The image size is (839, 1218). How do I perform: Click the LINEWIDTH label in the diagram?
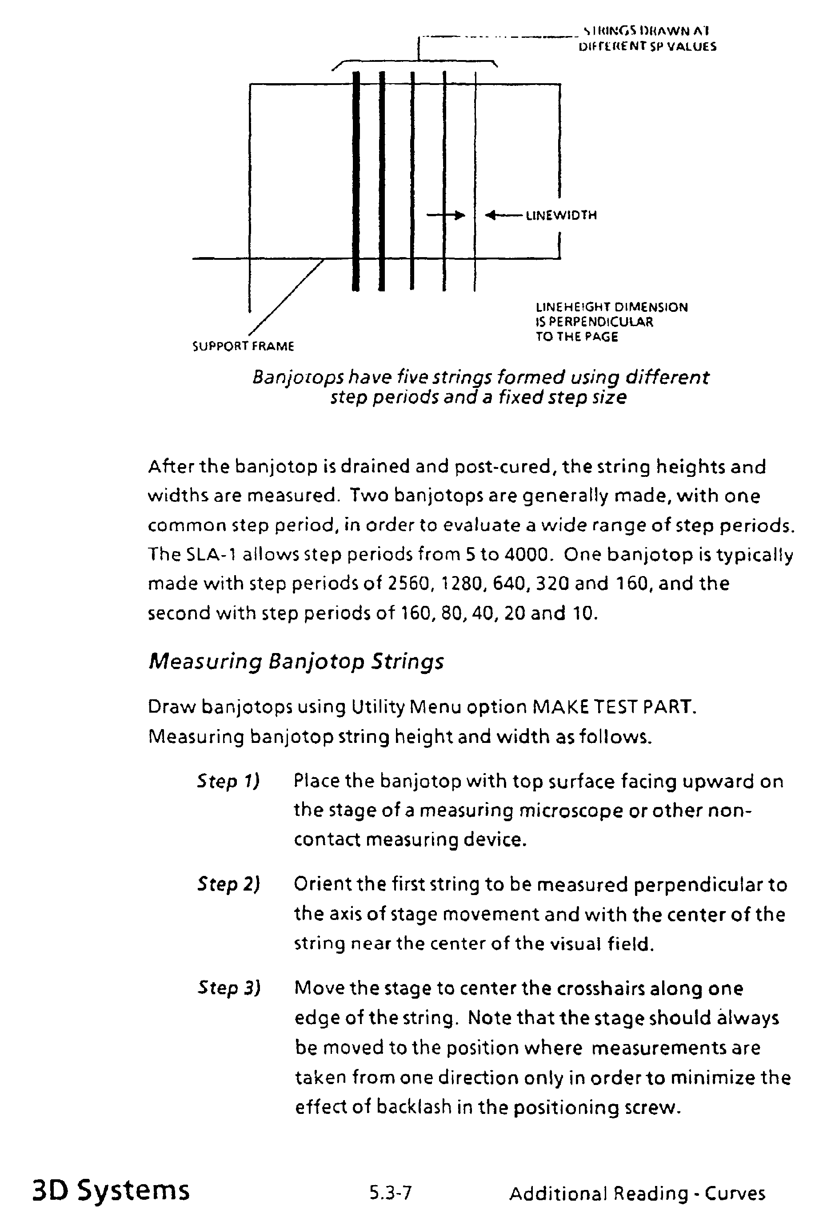point(561,215)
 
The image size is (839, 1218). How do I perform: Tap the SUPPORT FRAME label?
point(243,346)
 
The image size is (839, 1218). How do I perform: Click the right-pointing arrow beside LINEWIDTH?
point(446,215)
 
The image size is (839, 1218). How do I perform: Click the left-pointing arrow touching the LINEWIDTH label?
point(503,215)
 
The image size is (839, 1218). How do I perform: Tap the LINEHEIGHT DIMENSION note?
point(611,322)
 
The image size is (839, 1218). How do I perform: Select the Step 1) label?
point(228,781)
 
